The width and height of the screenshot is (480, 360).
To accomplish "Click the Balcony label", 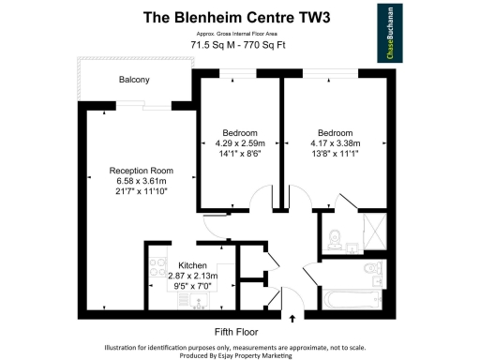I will (x=134, y=80).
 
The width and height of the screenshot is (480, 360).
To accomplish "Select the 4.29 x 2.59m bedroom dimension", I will (x=239, y=143).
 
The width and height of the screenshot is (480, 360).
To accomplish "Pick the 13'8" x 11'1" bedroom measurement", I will (x=335, y=154).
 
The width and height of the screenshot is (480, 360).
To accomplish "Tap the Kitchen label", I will (x=179, y=266).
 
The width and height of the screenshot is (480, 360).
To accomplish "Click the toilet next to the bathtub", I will (x=372, y=274).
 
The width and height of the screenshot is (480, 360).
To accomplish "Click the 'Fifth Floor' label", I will (x=235, y=332).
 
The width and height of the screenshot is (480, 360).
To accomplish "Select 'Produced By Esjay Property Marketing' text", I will (x=240, y=354).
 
